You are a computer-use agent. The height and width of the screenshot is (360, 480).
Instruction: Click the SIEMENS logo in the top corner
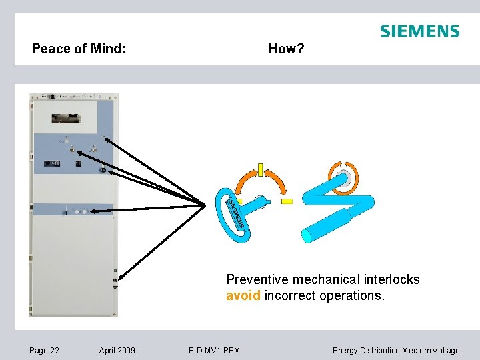tap(419, 31)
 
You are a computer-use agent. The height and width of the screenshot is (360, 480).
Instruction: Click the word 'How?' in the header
tap(286, 49)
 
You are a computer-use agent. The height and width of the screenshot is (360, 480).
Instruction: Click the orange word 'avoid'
tap(243, 295)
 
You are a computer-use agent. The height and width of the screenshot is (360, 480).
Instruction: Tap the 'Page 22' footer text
tap(44, 350)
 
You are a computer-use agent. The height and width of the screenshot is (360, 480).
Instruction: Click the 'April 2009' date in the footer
tap(117, 350)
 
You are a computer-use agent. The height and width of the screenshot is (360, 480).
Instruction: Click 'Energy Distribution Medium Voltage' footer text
tap(396, 350)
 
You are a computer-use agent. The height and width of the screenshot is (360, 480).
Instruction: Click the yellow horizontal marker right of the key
tap(287, 201)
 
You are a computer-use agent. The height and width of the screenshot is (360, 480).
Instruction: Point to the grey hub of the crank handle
tap(345, 177)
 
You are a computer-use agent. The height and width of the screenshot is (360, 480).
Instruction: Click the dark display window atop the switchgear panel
tap(66, 118)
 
